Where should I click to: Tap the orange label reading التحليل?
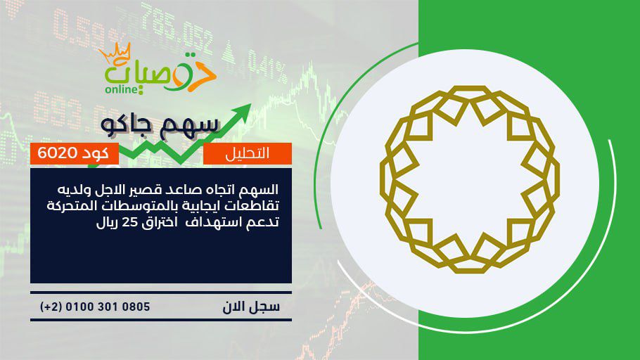point(248,153)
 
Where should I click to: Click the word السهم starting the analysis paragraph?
point(260,189)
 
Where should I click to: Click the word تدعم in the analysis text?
point(263,222)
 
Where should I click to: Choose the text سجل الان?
point(251,307)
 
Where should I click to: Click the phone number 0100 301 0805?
point(108,307)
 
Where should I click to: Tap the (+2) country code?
point(51,307)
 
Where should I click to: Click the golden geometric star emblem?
point(469,179)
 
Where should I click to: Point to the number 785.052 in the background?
point(177,30)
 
